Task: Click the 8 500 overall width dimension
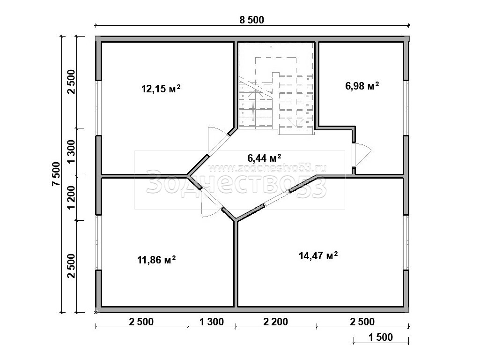pos(251,20)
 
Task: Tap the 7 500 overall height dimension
pos(56,174)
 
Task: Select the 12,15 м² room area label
pos(161,89)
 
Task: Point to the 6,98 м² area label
pos(362,86)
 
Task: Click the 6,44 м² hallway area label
pos(264,158)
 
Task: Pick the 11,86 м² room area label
pos(156,260)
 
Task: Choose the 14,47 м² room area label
pos(318,255)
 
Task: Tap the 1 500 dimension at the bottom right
pos(381,337)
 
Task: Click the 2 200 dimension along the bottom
pos(275,322)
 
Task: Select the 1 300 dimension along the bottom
pos(212,322)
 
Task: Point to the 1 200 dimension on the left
pos(71,198)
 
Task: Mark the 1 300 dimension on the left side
pos(71,152)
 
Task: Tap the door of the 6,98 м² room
pos(362,155)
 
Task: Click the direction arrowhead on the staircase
pos(295,123)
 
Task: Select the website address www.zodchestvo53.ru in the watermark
pos(267,168)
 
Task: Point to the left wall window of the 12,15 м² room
pos(98,108)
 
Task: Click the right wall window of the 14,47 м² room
pos(406,242)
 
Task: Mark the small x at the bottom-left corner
pos(96,312)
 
